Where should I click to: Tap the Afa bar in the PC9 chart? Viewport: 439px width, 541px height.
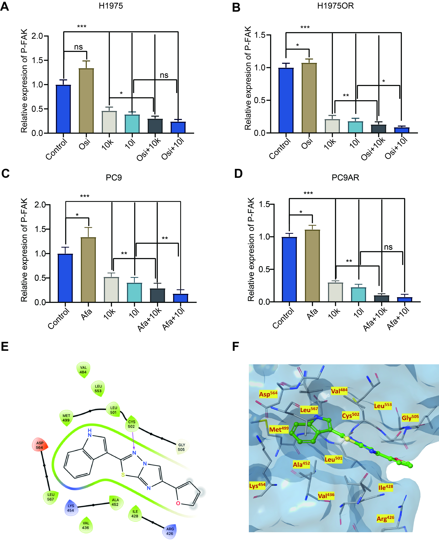(x=88, y=270)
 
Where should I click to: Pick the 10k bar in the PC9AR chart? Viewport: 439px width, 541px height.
(x=335, y=292)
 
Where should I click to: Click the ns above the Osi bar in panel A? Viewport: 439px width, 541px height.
(x=78, y=47)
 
